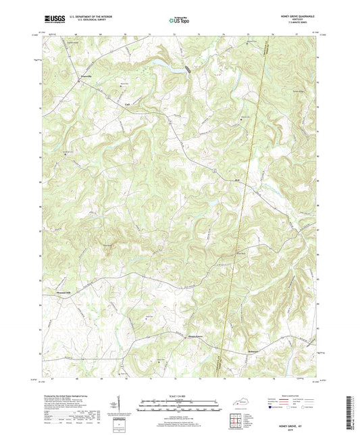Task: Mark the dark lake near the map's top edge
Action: (186, 68)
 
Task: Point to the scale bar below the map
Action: (178, 408)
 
